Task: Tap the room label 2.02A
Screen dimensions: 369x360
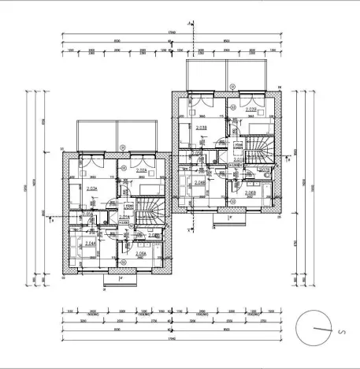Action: point(142,171)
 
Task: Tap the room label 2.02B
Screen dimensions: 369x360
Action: point(251,110)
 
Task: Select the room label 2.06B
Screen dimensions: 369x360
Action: point(251,192)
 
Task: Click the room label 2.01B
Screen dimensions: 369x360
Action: point(239,159)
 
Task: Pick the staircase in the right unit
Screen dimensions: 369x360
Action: point(258,148)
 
